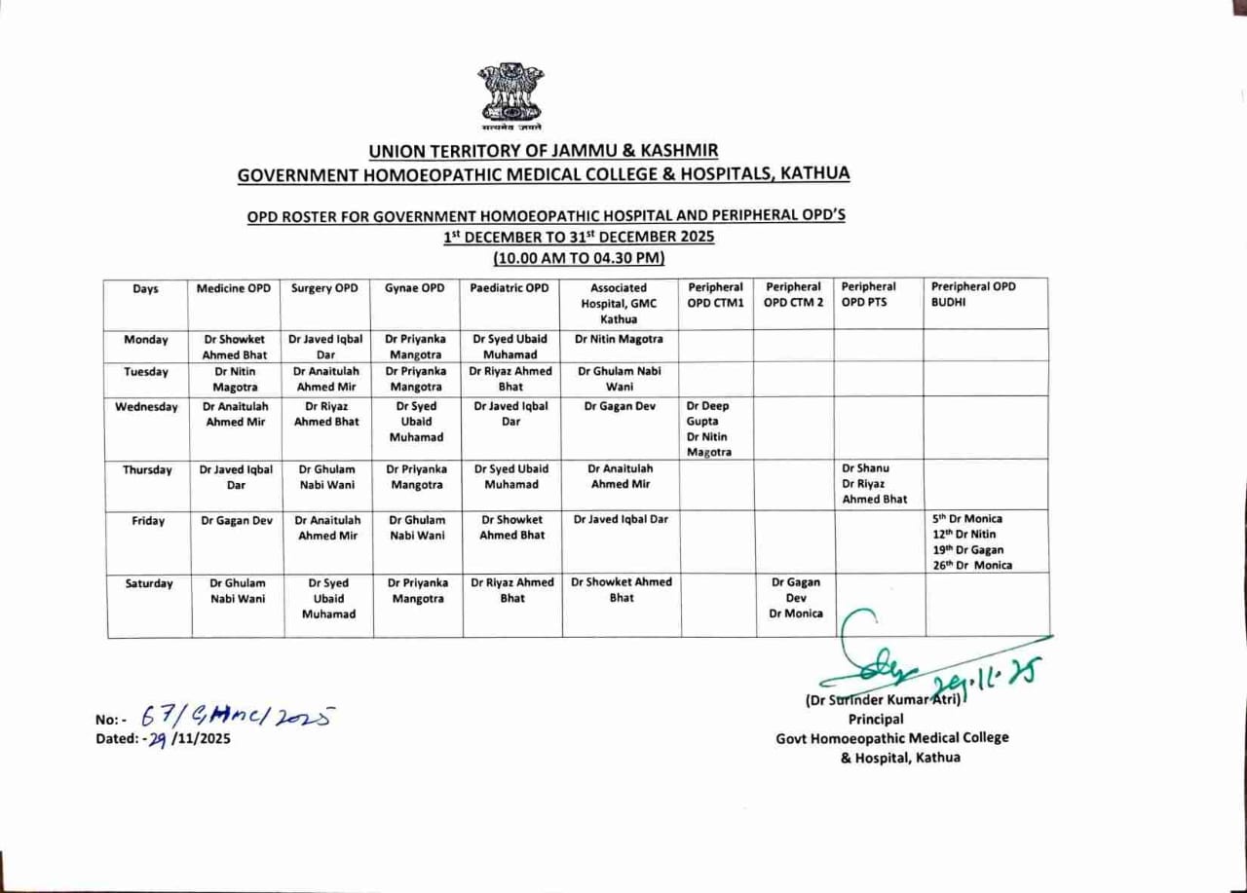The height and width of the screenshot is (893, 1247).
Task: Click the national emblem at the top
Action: coord(510,94)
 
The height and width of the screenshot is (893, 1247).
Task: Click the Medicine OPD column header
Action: coord(234,288)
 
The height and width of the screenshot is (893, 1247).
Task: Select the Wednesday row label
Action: coord(147,407)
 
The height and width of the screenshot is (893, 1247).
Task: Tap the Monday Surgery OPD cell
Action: coord(325,347)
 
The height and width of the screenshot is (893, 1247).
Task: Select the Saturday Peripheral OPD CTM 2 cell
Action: coord(796,598)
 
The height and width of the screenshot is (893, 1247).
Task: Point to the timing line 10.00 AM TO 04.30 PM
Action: coord(579,258)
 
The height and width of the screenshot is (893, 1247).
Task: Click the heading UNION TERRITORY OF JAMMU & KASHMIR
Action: coord(544,151)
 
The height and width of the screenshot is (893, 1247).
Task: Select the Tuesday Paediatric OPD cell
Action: coord(510,379)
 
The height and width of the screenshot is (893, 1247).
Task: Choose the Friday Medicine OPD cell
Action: coord(237,520)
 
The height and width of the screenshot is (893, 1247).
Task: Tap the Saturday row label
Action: coord(149,583)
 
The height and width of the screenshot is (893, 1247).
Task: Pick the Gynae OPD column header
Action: coord(415,288)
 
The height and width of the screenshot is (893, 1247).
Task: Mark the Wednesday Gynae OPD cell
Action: coord(416,422)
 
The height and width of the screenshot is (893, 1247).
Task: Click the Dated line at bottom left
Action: coord(163,738)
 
